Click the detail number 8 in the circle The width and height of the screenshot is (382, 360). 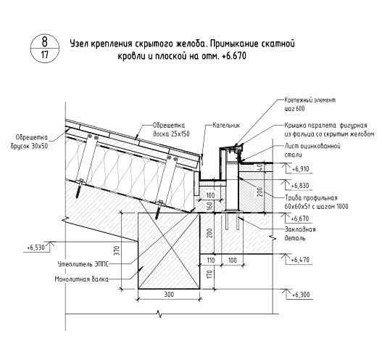(x=45, y=41)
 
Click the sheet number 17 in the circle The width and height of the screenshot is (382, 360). (x=45, y=55)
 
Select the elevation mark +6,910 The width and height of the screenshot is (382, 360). (x=300, y=169)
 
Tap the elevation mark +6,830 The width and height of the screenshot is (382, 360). (x=300, y=186)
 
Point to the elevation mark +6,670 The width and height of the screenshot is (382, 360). (x=300, y=218)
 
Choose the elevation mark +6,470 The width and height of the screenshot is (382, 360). (x=300, y=260)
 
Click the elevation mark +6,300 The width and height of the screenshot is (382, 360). (x=301, y=295)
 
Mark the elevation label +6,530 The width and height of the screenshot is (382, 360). (x=36, y=247)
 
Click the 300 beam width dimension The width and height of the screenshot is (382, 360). (x=169, y=295)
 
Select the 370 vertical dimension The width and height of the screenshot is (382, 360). (x=117, y=250)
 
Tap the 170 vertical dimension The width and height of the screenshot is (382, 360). (x=210, y=274)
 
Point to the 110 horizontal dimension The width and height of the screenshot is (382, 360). (x=210, y=261)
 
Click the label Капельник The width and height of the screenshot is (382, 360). (x=226, y=126)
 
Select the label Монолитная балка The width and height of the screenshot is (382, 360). (x=82, y=279)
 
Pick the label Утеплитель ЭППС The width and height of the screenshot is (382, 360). (x=83, y=264)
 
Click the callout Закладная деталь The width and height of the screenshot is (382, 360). (x=300, y=234)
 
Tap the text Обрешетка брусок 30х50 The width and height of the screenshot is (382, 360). (x=30, y=142)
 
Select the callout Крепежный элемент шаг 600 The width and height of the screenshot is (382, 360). (x=310, y=105)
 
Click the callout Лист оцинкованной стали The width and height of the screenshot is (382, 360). (x=312, y=150)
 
